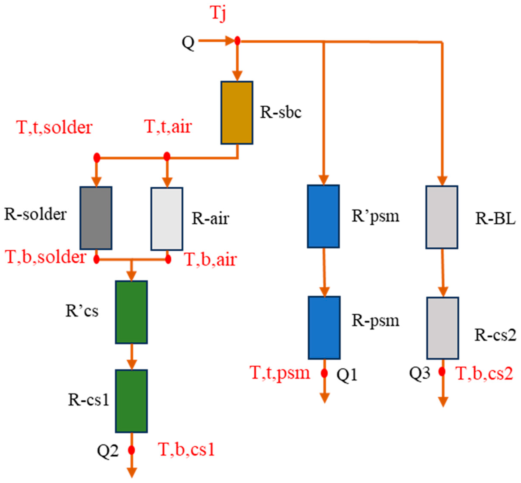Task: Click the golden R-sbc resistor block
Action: pos(237,113)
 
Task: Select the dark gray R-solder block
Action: pos(96,218)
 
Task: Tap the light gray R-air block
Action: pos(167,219)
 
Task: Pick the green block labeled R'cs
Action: pos(131,312)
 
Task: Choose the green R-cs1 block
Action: pos(131,401)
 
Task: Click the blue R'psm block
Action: pos(323,216)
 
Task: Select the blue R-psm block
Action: pos(324,327)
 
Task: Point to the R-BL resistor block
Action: pos(442,217)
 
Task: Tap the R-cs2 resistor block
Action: pos(443,328)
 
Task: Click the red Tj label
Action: pos(218,14)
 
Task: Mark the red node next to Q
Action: pos(237,41)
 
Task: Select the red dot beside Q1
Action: pos(324,373)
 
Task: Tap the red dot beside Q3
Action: pos(442,371)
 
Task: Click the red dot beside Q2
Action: pos(131,450)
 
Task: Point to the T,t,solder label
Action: pos(54,127)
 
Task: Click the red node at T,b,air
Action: pos(168,260)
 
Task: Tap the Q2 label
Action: pos(108,451)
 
